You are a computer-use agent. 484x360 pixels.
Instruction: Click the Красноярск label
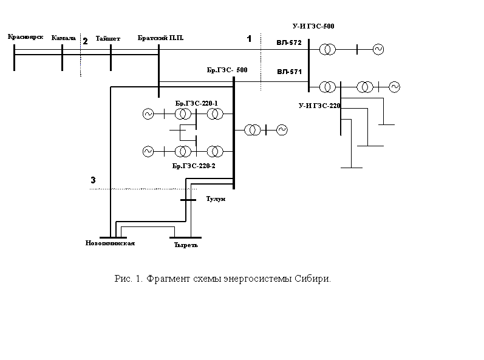coord(25,38)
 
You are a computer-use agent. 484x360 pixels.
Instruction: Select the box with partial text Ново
coord(81,237)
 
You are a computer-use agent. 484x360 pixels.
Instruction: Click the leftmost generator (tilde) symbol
coord(148,152)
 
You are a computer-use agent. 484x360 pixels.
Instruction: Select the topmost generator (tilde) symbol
coord(378,50)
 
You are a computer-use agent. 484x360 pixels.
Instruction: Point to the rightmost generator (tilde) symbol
coord(394,87)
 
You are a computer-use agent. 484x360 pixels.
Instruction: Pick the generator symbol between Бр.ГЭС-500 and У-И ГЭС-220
coord(282,130)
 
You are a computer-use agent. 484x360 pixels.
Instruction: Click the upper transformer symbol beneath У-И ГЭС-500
coord(325,50)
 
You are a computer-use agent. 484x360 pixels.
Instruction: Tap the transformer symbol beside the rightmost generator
coord(363,87)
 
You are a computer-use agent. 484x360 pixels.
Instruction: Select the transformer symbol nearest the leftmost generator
coord(180,152)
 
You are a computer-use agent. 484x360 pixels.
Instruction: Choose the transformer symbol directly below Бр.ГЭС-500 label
coord(213,114)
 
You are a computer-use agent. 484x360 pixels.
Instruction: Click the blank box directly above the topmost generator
coord(378,38)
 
